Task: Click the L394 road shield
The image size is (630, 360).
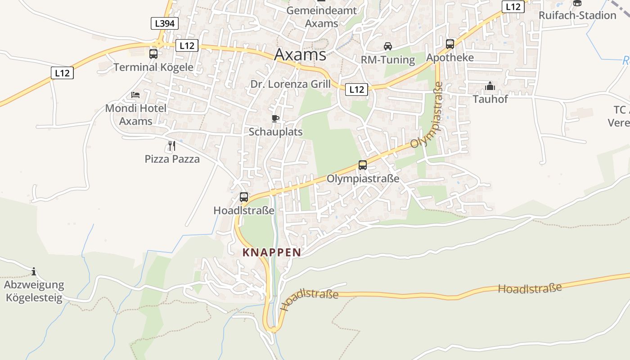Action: [164, 23]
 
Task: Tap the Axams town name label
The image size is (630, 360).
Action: [300, 54]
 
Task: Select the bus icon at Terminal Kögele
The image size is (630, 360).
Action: [153, 54]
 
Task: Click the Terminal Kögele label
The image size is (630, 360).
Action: [153, 67]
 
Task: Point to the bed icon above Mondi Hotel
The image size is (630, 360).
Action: [135, 95]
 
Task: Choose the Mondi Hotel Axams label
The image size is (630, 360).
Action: [136, 115]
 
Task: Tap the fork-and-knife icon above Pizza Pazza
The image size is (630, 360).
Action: [171, 145]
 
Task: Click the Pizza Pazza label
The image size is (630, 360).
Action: [172, 159]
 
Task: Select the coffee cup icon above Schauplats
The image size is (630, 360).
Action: [275, 119]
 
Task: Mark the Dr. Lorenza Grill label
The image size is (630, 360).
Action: [291, 84]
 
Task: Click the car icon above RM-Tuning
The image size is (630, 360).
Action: [387, 46]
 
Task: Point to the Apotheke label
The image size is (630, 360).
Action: [450, 58]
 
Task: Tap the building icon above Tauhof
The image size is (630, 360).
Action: [490, 86]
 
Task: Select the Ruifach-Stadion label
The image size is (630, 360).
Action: [577, 15]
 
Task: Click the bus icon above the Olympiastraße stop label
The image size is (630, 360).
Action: [363, 165]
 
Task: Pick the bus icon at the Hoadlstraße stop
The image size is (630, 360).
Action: [244, 197]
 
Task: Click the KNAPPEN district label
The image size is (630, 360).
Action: [272, 252]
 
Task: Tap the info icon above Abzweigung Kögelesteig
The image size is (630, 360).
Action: [34, 271]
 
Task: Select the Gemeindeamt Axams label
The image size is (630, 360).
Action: [321, 17]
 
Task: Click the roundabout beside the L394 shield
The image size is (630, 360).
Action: [158, 44]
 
